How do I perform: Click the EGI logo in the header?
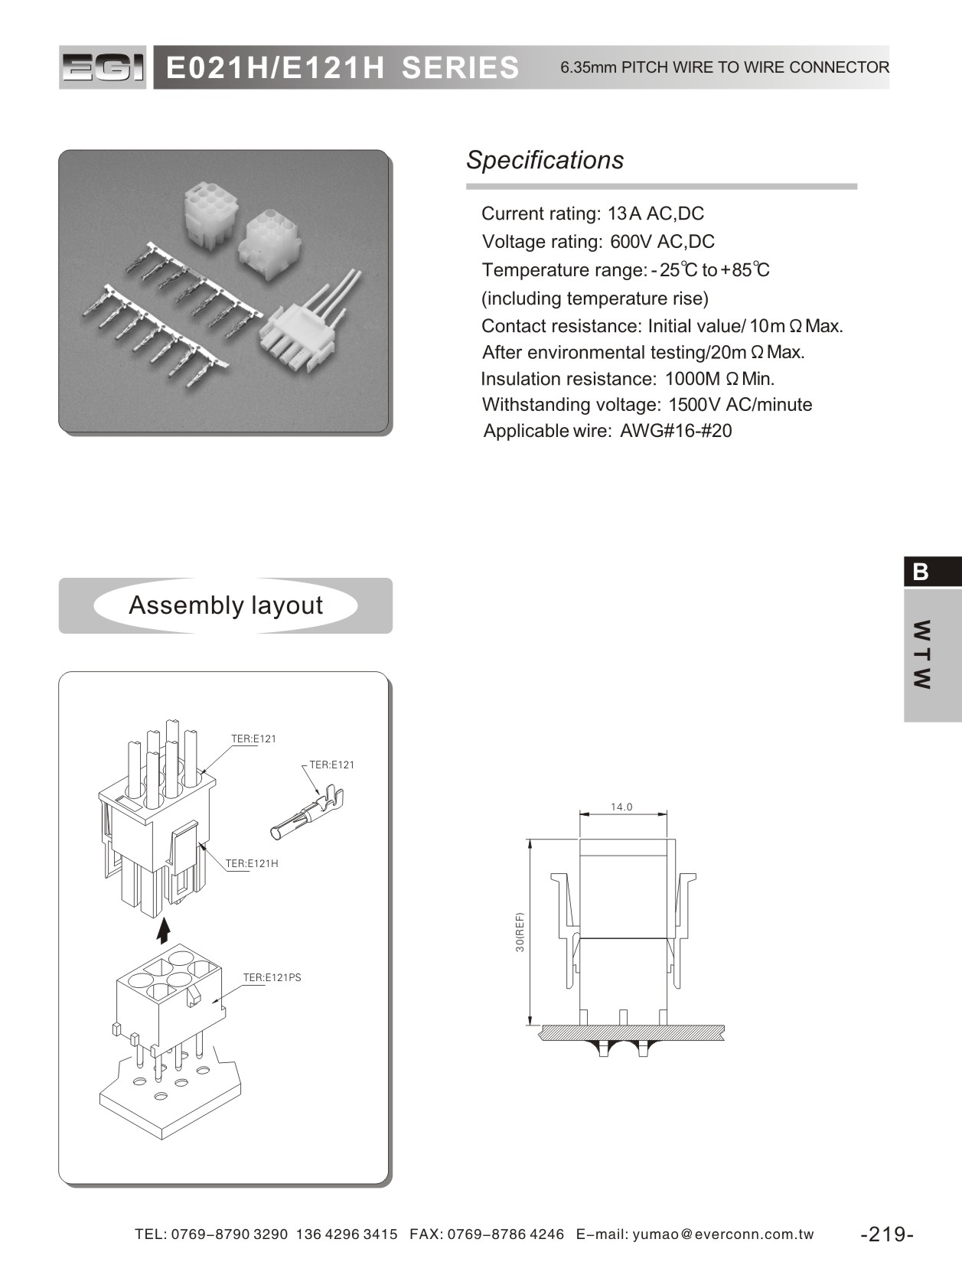[x=103, y=68]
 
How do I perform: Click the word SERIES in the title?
[x=460, y=68]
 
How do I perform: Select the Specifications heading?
[x=545, y=160]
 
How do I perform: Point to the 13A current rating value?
[x=624, y=214]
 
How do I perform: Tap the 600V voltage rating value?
[x=630, y=242]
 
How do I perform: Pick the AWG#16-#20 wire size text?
[x=676, y=431]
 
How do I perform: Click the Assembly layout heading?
[x=226, y=605]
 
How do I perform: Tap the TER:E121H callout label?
[x=252, y=863]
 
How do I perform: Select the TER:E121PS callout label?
[x=272, y=977]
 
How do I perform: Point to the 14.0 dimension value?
[x=621, y=807]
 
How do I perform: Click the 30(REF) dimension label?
[x=520, y=931]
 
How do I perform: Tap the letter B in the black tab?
[x=921, y=572]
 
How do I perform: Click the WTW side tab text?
[x=922, y=654]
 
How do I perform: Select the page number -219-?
[x=887, y=1234]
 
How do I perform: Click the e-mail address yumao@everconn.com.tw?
[x=723, y=1234]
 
